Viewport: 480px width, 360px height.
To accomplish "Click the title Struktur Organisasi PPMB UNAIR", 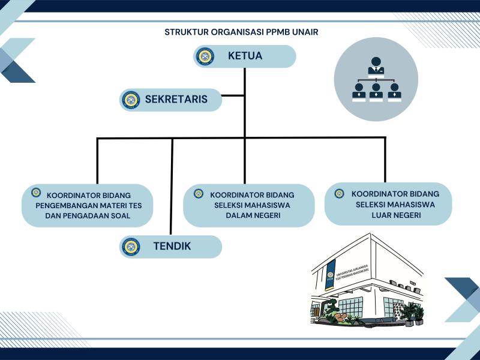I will (241, 32).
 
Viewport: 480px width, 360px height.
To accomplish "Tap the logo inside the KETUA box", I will (205, 56).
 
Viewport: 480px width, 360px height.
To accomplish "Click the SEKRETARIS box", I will (171, 100).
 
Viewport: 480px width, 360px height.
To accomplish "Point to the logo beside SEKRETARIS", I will (130, 100).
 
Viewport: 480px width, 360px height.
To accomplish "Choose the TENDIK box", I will (171, 246).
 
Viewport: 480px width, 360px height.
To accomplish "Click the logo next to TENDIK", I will (130, 246).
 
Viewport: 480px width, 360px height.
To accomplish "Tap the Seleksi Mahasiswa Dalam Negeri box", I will (248, 205).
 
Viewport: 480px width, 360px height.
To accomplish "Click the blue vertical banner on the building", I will (331, 274).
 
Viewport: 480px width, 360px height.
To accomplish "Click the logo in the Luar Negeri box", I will (339, 193).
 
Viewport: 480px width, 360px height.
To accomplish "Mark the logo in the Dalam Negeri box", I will (199, 193).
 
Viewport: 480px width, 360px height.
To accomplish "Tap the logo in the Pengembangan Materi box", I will (36, 193).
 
